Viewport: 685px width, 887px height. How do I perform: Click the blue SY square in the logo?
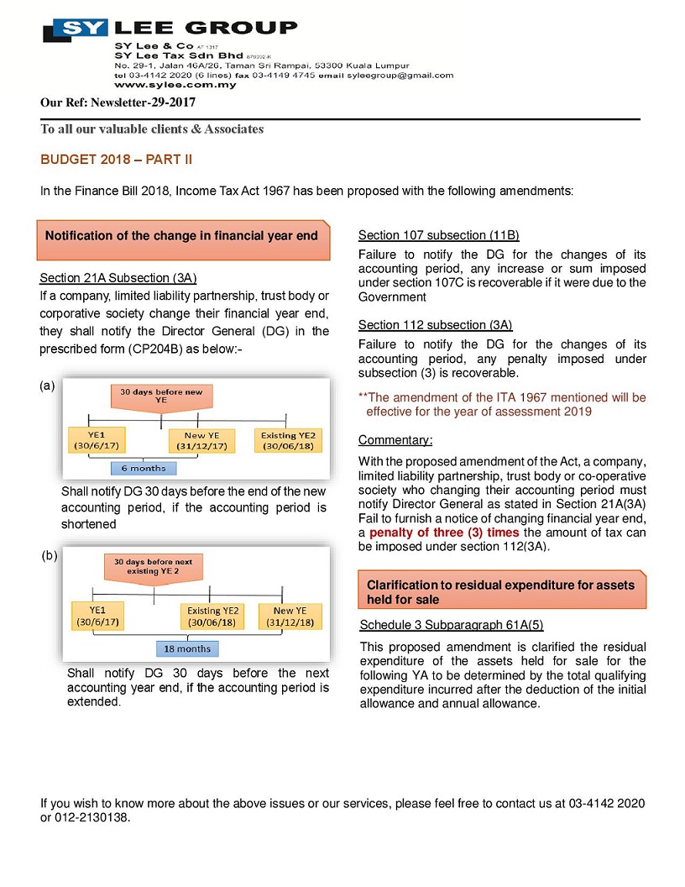coord(75,30)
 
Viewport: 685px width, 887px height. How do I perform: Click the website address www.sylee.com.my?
coord(163,85)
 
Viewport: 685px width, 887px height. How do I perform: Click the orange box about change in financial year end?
coord(181,236)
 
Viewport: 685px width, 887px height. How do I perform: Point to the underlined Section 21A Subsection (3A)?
coord(118,278)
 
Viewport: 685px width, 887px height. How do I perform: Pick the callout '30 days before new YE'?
coord(161,396)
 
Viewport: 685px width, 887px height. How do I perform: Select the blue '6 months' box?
coord(143,468)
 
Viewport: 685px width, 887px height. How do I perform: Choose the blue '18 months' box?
coord(186,648)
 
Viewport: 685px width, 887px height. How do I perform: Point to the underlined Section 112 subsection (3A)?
coord(435,325)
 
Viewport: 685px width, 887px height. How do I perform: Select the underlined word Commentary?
coord(395,440)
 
